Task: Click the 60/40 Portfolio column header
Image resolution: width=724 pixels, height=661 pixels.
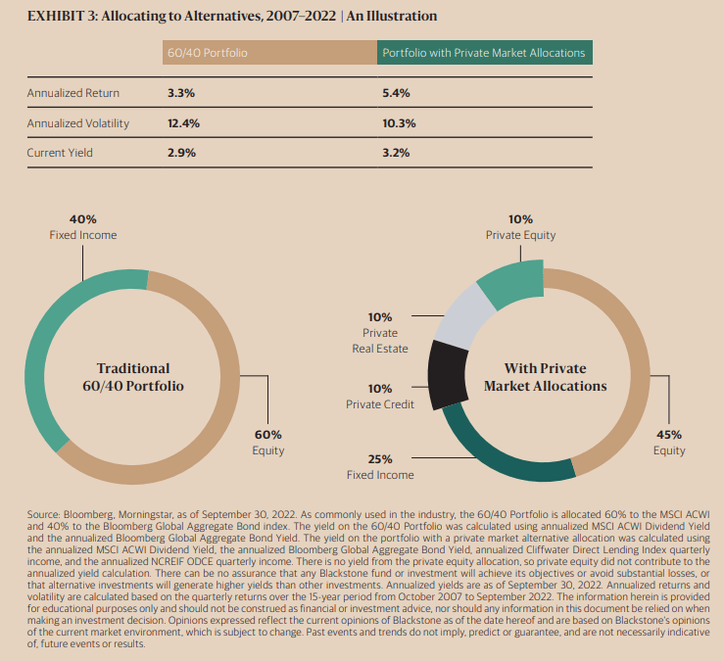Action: click(207, 52)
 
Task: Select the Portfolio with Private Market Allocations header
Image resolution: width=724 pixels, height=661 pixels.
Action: click(483, 52)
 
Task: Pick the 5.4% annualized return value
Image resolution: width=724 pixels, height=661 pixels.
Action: click(395, 93)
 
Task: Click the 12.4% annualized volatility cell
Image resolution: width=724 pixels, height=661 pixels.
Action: click(184, 123)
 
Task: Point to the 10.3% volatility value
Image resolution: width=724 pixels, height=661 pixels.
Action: click(399, 123)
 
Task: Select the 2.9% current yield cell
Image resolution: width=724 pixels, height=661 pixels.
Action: click(182, 154)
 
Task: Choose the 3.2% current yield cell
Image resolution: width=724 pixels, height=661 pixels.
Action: click(396, 154)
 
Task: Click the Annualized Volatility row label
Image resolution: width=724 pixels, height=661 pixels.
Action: click(77, 123)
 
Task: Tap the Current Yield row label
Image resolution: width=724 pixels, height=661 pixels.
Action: click(61, 154)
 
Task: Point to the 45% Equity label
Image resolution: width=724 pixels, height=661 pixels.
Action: click(670, 443)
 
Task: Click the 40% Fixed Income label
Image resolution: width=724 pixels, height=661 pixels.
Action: click(82, 227)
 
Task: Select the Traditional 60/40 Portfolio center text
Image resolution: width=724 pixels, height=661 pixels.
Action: click(132, 377)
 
